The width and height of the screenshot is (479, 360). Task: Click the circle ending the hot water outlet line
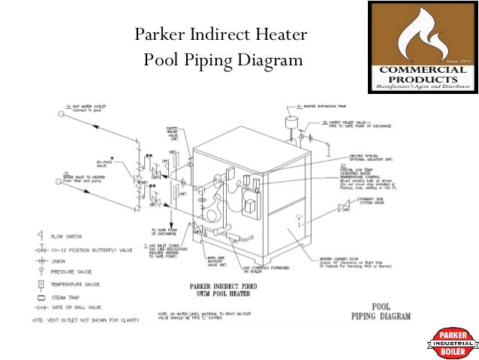click(x=60, y=115)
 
